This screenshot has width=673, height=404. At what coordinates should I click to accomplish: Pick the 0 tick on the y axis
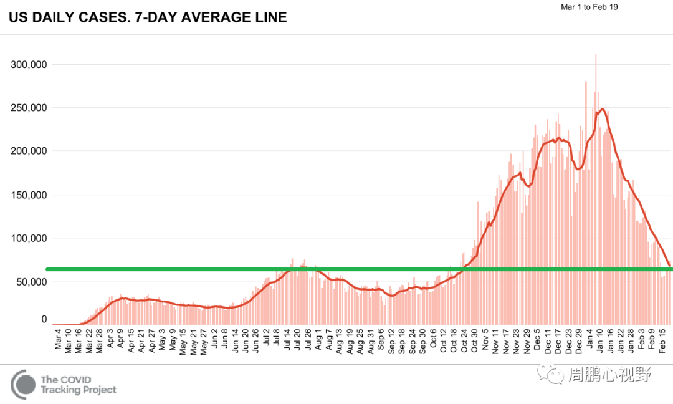pyautogui.click(x=44, y=319)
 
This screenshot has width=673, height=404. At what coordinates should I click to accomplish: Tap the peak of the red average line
pyautogui.click(x=602, y=110)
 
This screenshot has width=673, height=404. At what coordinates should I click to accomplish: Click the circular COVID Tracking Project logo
pyautogui.click(x=23, y=384)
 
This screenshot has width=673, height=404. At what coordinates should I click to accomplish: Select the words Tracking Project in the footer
pyautogui.click(x=78, y=390)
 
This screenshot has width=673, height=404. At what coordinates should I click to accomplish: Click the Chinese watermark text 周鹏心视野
pyautogui.click(x=609, y=375)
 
